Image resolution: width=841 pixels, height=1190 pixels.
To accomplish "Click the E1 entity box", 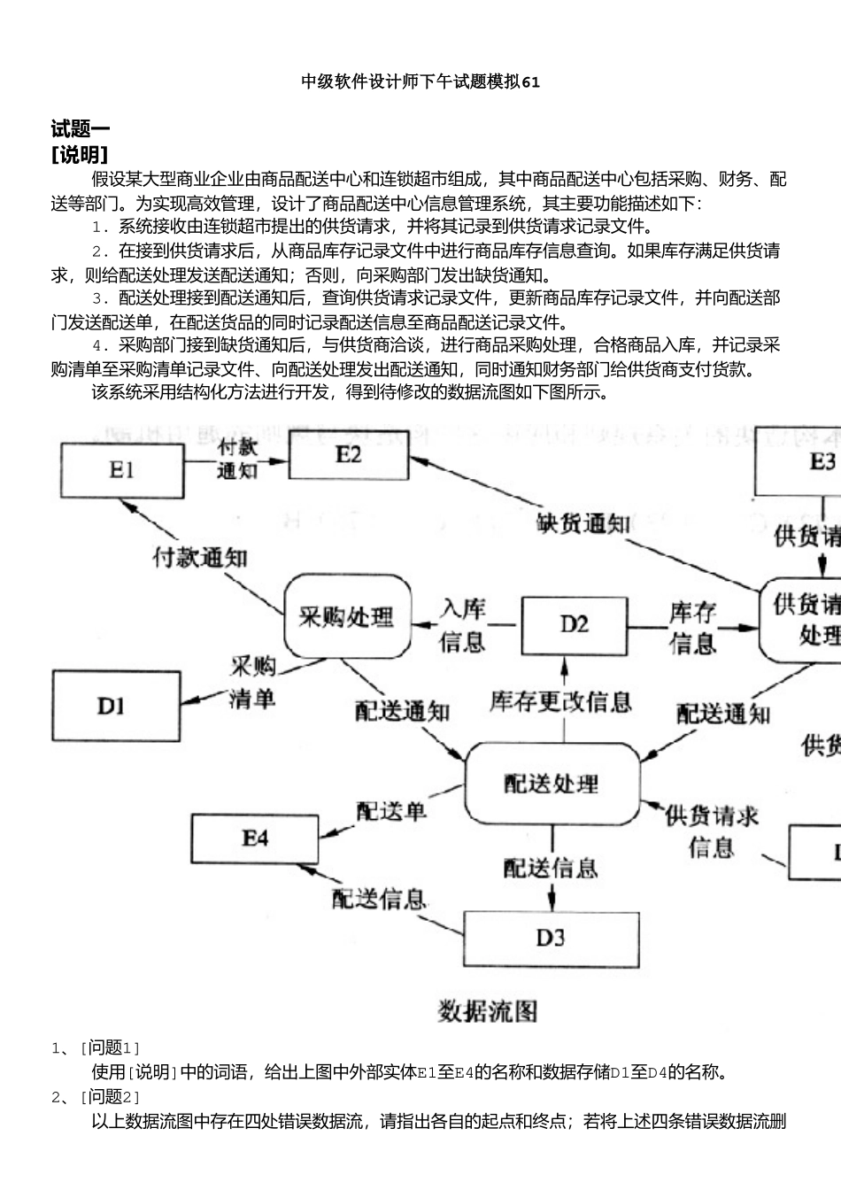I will click(x=121, y=470).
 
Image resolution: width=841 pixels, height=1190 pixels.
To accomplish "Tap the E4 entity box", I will click(x=256, y=837).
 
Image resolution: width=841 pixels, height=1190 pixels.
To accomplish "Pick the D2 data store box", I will click(x=574, y=599).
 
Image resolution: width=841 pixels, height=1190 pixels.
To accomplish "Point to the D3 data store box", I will click(x=550, y=937).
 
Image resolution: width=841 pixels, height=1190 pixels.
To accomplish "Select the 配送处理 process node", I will click(x=552, y=784).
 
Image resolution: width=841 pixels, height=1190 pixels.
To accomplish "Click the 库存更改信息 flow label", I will click(x=560, y=702).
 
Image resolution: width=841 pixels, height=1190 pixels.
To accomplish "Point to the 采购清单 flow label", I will click(x=252, y=683).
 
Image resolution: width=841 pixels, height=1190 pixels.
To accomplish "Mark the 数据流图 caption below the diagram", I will click(x=488, y=1011).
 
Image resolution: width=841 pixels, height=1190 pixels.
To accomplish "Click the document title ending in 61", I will click(x=420, y=81).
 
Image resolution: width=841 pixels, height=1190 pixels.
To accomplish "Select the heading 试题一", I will click(x=81, y=129).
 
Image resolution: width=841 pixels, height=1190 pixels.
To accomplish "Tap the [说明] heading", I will click(x=81, y=155).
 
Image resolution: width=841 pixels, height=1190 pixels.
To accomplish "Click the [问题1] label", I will click(x=111, y=1048).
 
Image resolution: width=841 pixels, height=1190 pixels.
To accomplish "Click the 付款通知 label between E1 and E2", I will click(x=237, y=458).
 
